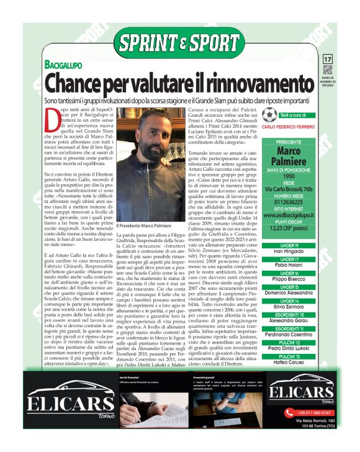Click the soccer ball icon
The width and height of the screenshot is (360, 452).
click(x=269, y=115)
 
